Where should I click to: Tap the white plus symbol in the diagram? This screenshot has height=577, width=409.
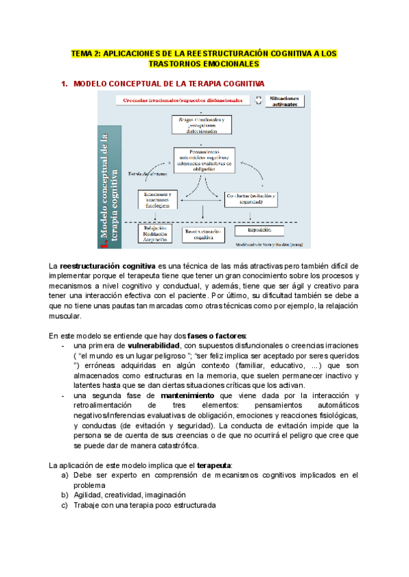click(x=258, y=99)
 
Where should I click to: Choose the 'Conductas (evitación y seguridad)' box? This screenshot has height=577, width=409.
click(x=250, y=198)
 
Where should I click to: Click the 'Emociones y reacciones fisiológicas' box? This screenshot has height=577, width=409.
click(x=157, y=198)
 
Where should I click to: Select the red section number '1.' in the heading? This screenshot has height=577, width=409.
click(x=65, y=84)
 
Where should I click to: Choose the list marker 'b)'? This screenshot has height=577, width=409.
click(x=65, y=495)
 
